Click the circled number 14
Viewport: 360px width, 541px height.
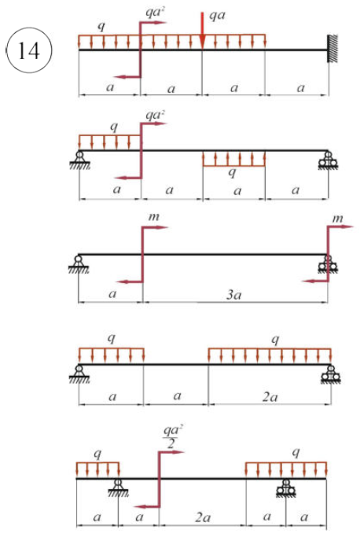[29, 50]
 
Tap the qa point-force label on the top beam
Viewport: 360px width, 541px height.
[217, 16]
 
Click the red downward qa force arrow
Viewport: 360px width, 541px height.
[203, 31]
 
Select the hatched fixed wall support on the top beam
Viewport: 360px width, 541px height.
[332, 49]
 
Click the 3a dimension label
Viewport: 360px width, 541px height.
[233, 294]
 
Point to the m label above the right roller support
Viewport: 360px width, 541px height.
[337, 219]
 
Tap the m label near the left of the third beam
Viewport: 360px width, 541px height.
[154, 217]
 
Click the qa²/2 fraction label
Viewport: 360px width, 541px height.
[172, 436]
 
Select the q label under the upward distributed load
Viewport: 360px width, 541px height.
[233, 172]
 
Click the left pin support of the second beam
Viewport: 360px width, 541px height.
[79, 160]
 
